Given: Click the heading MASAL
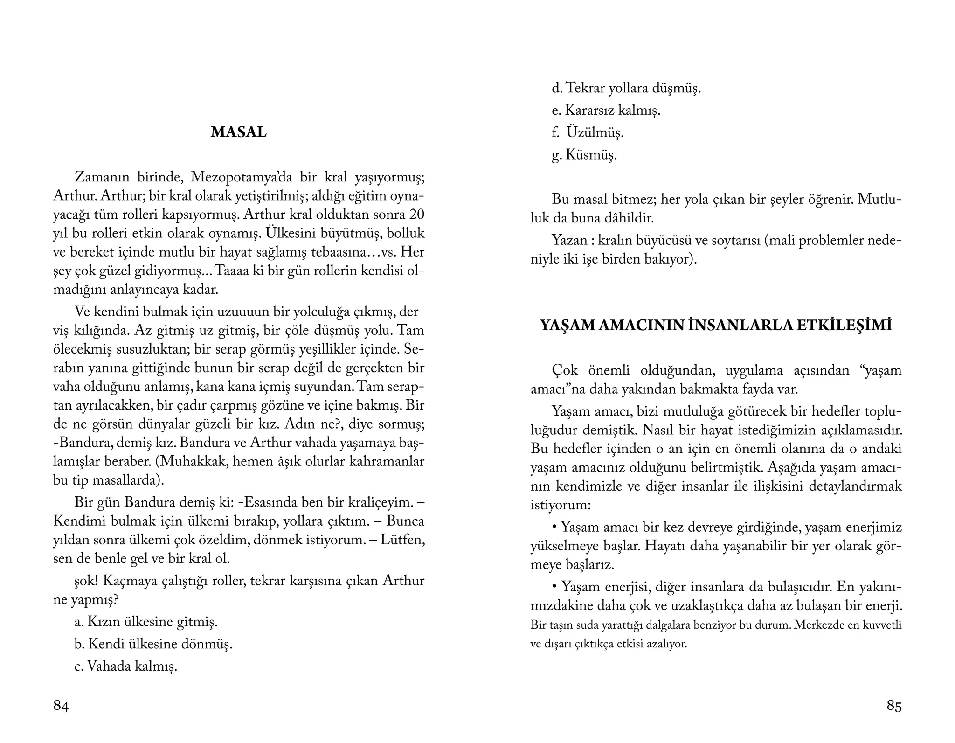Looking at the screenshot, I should (x=238, y=132).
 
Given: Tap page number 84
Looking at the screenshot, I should (x=61, y=706).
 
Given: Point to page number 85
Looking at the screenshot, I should (x=894, y=706).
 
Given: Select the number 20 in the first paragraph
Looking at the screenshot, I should (x=416, y=215).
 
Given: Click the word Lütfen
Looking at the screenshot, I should (x=402, y=540).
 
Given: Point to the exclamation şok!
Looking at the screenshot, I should (x=86, y=581).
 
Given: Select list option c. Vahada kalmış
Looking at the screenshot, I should (x=126, y=666).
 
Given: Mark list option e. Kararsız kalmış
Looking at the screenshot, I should (x=606, y=111).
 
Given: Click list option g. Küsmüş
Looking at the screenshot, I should (x=584, y=155).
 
